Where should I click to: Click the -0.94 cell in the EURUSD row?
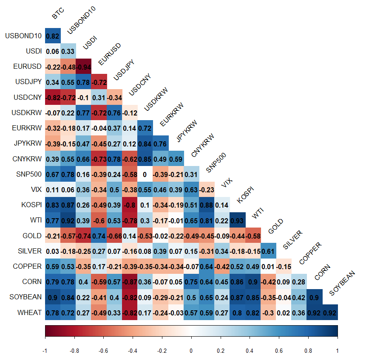pyautogui.click(x=83, y=67)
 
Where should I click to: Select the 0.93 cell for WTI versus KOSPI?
pyautogui.click(x=237, y=220)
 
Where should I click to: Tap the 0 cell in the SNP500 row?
pyautogui.click(x=145, y=174)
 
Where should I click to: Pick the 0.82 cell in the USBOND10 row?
pyautogui.click(x=53, y=36)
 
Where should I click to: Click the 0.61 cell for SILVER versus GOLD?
pyautogui.click(x=268, y=251)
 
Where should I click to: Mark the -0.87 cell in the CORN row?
pyautogui.click(x=130, y=282)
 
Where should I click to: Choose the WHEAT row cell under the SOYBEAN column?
pyautogui.click(x=329, y=312)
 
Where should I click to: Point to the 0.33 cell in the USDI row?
pyautogui.click(x=68, y=51)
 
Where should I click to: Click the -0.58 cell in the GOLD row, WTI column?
pyautogui.click(x=253, y=236)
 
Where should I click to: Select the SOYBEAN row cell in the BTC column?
pyautogui.click(x=53, y=297)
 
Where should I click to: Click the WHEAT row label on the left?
pyautogui.click(x=29, y=312)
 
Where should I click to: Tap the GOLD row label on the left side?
pyautogui.click(x=32, y=236)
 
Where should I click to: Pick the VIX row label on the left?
pyautogui.click(x=36, y=190)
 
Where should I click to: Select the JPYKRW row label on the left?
pyautogui.click(x=28, y=143)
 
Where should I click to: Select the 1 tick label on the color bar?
pyautogui.click(x=338, y=351)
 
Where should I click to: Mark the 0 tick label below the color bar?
pyautogui.click(x=191, y=351)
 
